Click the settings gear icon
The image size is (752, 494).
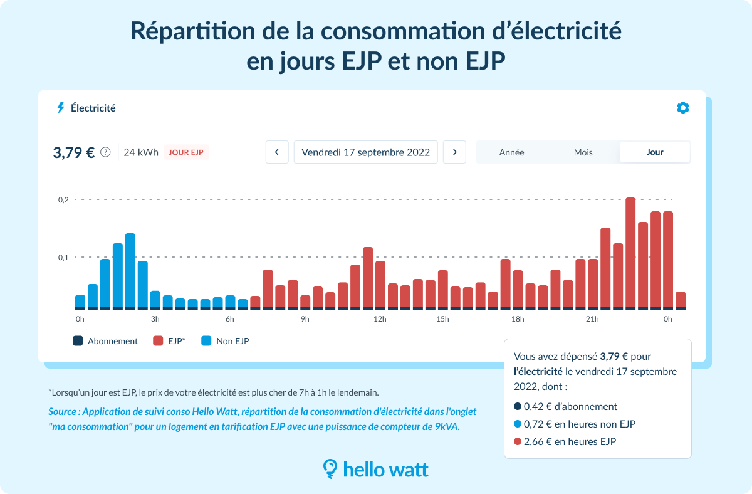click(x=682, y=108)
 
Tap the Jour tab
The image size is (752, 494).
click(x=655, y=152)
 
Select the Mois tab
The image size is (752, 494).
click(x=583, y=152)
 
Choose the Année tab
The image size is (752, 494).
click(x=511, y=152)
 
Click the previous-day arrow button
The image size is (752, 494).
click(x=277, y=152)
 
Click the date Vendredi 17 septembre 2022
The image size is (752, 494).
click(x=365, y=152)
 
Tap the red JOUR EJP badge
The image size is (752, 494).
click(x=187, y=152)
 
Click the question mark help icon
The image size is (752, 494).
click(x=105, y=152)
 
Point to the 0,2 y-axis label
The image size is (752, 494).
click(x=63, y=199)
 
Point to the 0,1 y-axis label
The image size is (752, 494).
click(x=63, y=257)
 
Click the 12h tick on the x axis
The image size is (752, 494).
click(x=380, y=320)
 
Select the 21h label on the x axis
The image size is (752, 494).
click(x=592, y=320)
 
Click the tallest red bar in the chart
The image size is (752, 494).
click(x=630, y=251)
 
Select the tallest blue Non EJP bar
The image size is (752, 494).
click(x=130, y=270)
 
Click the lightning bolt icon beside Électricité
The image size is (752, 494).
click(x=61, y=108)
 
